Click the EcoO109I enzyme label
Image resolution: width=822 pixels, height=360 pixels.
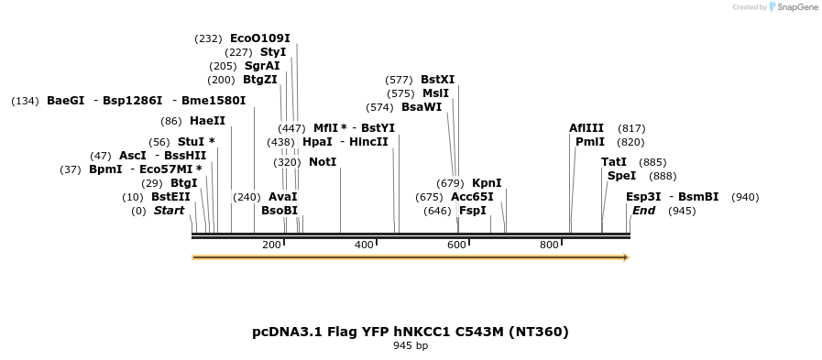coord(259,38)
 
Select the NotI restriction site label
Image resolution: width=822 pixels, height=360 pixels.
coord(323,162)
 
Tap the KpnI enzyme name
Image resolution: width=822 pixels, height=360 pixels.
coord(487,183)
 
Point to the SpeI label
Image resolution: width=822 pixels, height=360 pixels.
coord(621,176)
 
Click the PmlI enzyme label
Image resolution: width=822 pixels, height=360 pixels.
coord(590,142)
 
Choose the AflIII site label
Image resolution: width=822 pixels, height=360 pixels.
coord(586,128)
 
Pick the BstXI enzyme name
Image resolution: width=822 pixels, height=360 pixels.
coord(437,80)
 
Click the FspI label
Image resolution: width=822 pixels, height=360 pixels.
coord(473,211)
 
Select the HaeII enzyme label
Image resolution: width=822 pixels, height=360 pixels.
coord(207,121)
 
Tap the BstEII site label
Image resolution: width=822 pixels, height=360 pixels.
coord(170,197)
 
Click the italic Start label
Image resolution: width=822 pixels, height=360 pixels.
coord(169,211)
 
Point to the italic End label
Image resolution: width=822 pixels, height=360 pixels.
coord(643,211)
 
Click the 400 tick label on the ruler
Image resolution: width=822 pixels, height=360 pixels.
coord(364,245)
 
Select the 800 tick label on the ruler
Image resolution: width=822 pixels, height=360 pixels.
coord(549,245)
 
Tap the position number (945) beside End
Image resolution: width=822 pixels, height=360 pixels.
coord(682,211)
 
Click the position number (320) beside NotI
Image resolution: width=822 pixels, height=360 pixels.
coord(287,162)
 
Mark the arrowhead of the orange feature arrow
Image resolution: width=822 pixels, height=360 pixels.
coord(626,257)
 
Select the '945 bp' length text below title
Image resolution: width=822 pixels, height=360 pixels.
coord(411,346)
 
